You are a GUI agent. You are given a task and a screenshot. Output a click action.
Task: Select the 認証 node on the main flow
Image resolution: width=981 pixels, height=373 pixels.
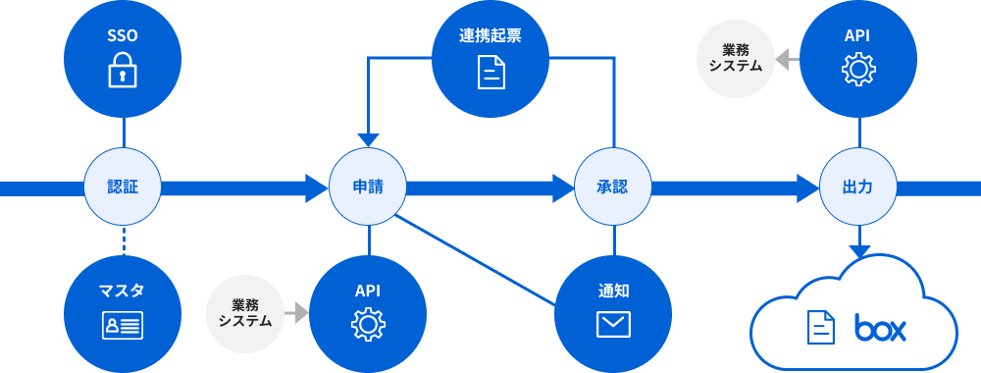tap(123, 186)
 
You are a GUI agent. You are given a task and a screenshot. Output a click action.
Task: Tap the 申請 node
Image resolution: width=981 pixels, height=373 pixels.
tap(368, 186)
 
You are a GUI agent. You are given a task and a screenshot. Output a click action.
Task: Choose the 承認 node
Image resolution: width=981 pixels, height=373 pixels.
tap(613, 186)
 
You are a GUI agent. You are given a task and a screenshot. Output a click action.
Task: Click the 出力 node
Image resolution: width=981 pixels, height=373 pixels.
tap(859, 186)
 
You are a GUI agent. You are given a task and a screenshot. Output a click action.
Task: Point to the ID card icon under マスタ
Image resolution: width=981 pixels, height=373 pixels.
tap(123, 325)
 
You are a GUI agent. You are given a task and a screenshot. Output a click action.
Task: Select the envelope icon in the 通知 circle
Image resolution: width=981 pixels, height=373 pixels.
tap(613, 324)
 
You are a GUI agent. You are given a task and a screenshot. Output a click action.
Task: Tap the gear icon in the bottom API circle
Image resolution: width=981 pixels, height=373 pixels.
tap(368, 324)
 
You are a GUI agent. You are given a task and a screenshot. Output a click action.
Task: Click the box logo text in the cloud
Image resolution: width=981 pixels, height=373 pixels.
tap(880, 328)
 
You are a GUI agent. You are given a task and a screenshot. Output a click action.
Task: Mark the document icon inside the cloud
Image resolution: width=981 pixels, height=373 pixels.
tap(821, 327)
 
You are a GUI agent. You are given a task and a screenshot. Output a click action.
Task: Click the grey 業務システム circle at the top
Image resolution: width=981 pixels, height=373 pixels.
tap(736, 59)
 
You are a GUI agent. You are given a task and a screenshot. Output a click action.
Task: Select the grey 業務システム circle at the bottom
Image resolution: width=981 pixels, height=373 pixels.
tap(245, 313)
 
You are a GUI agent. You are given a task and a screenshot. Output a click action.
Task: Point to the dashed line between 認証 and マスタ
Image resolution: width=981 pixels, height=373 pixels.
tap(124, 240)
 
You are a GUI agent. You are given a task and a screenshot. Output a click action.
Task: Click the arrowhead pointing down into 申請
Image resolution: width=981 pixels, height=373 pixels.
tap(368, 138)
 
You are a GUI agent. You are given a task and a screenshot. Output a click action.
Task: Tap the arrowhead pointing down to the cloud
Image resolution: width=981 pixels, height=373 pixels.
tap(859, 251)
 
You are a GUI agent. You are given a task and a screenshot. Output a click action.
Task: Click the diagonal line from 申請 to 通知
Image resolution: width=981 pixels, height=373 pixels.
tap(481, 265)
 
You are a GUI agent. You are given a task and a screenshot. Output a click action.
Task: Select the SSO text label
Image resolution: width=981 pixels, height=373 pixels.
tap(123, 36)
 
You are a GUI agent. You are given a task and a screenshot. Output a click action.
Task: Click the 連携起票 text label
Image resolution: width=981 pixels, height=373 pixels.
tap(490, 36)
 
